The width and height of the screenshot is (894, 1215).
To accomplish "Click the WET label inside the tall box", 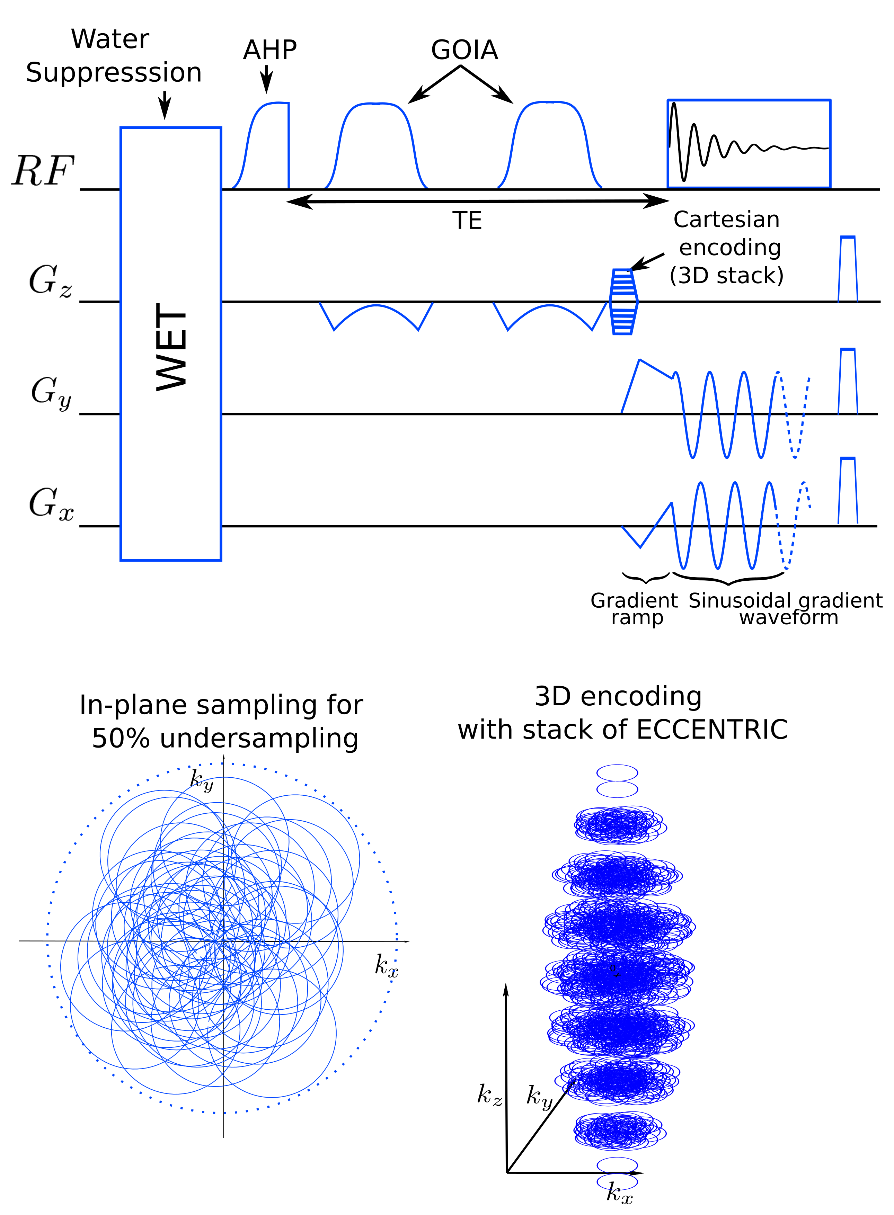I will [171, 346].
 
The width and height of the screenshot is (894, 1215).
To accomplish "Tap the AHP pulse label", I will [270, 50].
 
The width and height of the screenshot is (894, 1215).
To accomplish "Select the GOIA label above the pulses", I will [464, 50].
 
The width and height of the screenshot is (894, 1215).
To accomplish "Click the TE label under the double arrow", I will [467, 221].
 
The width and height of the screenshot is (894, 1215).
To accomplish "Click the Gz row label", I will [50, 281].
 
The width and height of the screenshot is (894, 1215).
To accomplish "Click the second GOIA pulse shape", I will [550, 146].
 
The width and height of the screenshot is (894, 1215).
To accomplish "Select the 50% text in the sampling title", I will [120, 739].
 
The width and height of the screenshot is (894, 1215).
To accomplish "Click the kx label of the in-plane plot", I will [387, 965].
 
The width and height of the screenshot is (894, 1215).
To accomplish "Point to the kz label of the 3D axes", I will [489, 1095].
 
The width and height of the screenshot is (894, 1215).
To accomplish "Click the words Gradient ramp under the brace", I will [634, 609].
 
